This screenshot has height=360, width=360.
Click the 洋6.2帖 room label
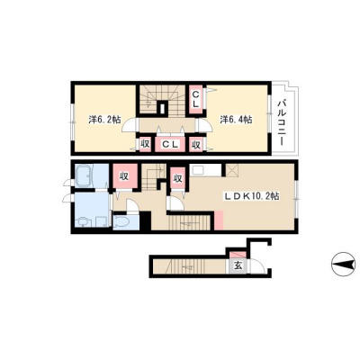(x=104, y=120)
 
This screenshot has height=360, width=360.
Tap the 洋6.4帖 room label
(x=236, y=120)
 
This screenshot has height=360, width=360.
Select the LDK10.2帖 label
(x=253, y=196)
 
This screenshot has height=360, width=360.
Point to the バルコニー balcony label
(x=282, y=122)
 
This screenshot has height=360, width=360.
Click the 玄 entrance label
(x=238, y=265)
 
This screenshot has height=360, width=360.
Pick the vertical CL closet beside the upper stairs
(x=195, y=100)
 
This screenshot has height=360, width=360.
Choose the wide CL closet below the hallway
(x=170, y=145)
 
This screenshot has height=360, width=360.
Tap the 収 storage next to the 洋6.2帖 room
(x=145, y=144)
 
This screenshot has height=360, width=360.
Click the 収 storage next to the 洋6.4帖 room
(x=196, y=145)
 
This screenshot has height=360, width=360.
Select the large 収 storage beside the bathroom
(x=124, y=176)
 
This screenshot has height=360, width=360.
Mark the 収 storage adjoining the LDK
(x=178, y=178)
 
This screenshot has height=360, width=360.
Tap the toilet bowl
(x=121, y=222)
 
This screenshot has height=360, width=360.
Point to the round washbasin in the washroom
(x=83, y=222)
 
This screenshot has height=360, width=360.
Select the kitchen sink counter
(x=205, y=170)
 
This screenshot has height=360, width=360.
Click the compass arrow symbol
(x=343, y=264)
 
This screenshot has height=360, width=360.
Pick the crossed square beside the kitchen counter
(x=231, y=170)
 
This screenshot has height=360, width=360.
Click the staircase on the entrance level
(x=189, y=266)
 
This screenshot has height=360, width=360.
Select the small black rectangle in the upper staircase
(x=162, y=108)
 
